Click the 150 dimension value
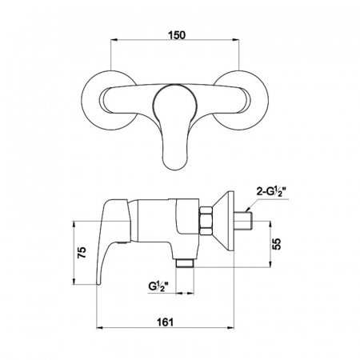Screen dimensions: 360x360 [x=177, y=35]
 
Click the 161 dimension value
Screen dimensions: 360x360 [x=165, y=322]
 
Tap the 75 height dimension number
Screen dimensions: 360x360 [x=82, y=252]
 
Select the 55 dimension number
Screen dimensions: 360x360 [x=278, y=244]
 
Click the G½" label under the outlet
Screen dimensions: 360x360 [x=158, y=286]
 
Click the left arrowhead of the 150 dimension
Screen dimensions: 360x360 [x=114, y=40]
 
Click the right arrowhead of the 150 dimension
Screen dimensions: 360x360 [x=236, y=40]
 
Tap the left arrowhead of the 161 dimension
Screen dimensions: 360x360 [x=100, y=328]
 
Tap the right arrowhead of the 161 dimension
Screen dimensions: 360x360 [x=230, y=328]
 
